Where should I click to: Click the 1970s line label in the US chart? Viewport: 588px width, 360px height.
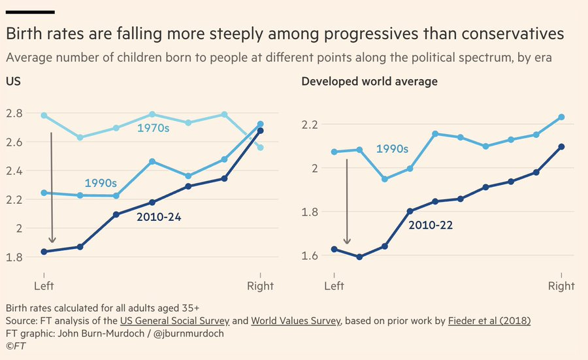[154, 128]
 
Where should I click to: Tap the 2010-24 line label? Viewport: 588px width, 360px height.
[159, 217]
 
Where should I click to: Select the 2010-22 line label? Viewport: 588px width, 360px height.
[431, 225]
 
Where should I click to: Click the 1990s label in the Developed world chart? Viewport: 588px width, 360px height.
[392, 150]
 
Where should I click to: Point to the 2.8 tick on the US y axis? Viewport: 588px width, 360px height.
[14, 113]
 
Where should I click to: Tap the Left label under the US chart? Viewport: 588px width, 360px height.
[44, 286]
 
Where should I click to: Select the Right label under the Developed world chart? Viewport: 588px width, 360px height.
[561, 286]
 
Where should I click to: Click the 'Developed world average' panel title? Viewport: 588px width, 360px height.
[369, 82]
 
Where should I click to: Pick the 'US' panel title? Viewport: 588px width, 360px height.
[12, 82]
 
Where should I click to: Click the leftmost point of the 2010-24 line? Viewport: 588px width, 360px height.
[44, 252]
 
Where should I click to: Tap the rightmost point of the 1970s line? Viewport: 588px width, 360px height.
[261, 147]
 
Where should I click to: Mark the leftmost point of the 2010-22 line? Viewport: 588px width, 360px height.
[334, 249]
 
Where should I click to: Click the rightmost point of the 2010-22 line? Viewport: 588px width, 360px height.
[561, 146]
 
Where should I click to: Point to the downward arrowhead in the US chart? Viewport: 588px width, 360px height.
[52, 240]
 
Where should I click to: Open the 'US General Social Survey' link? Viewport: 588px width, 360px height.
[174, 320]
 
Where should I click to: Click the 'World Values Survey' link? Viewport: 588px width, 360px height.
[297, 320]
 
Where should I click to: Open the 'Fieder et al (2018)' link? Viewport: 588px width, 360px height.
[489, 320]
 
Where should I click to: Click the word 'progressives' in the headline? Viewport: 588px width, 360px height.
[325, 33]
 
